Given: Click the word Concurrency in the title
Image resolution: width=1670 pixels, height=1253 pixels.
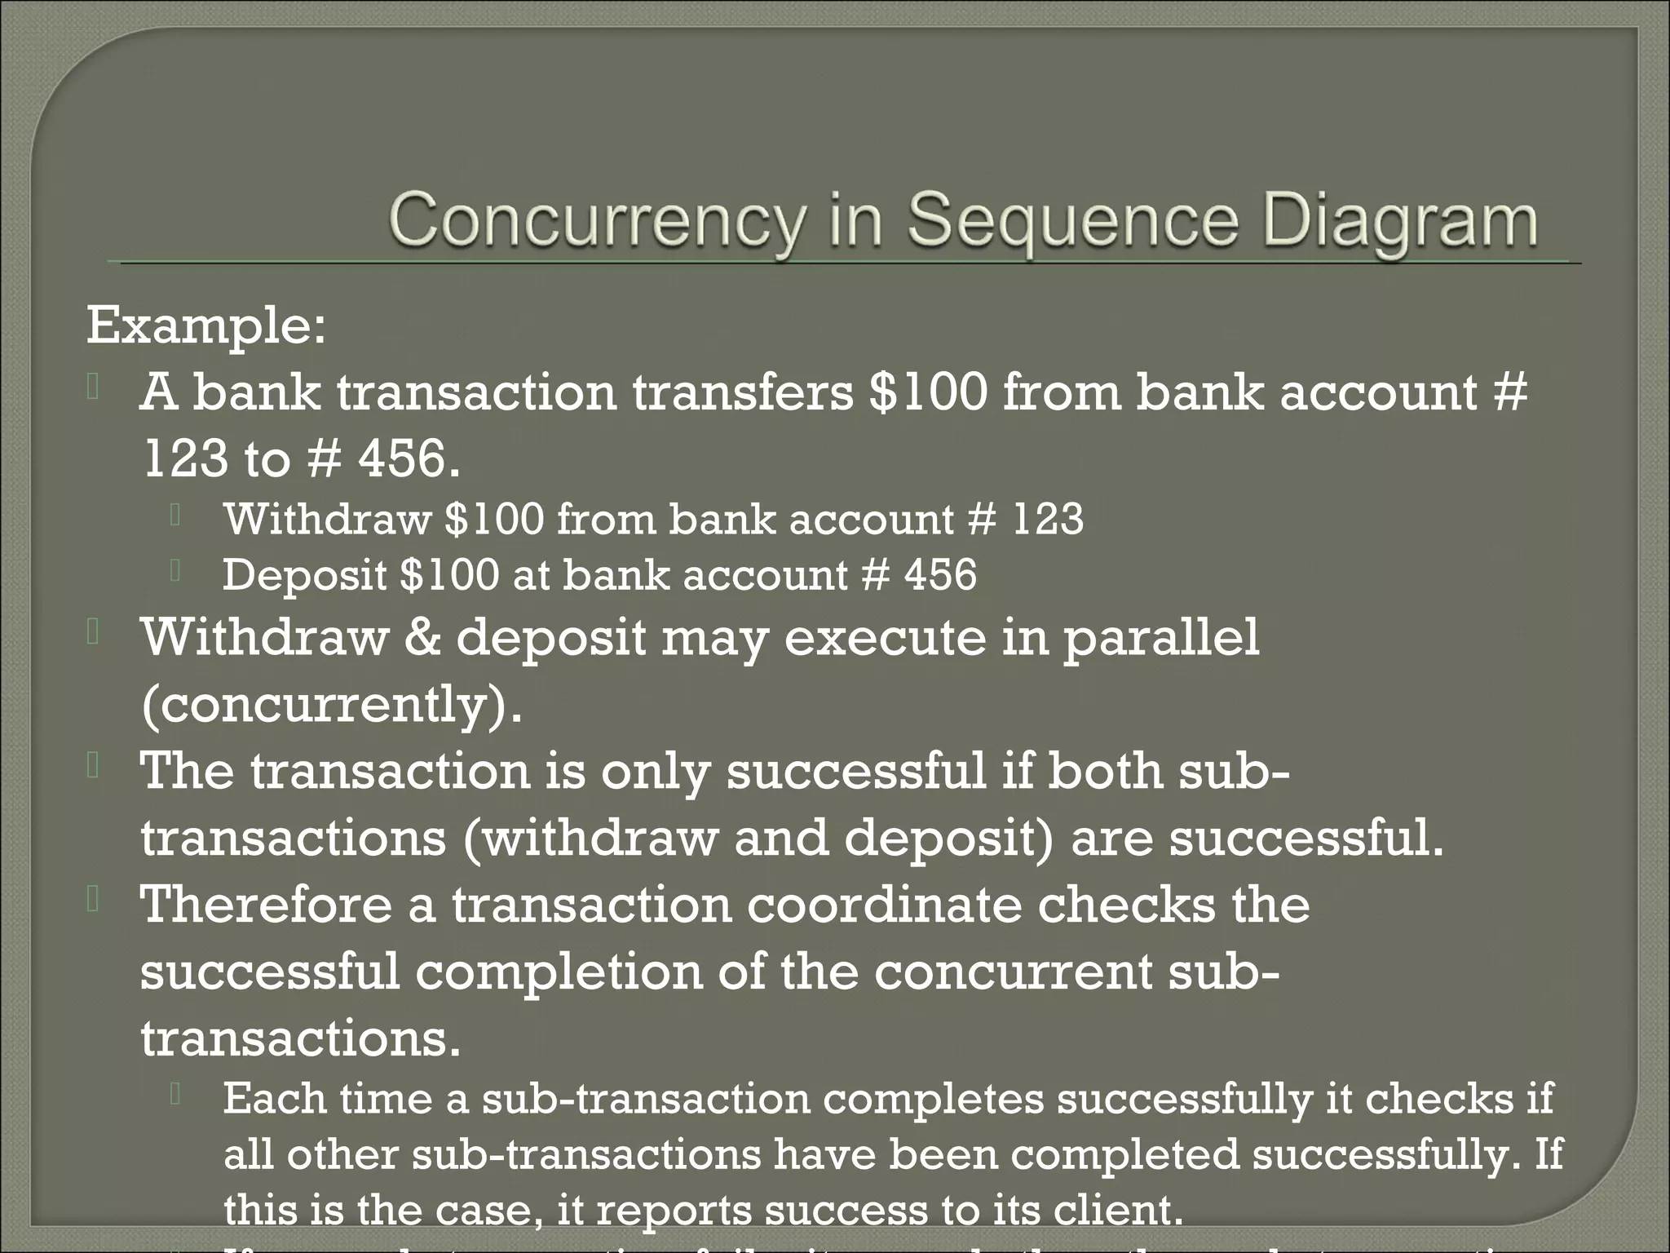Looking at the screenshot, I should (x=596, y=223).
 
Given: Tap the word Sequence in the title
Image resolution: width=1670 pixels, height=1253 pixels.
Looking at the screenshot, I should (x=1073, y=223).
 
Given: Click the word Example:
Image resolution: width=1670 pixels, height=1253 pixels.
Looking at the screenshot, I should (x=206, y=326).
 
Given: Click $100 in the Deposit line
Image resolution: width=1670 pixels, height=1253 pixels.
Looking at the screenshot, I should (x=449, y=574).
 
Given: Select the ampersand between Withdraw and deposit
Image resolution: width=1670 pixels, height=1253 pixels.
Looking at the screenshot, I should (x=422, y=637).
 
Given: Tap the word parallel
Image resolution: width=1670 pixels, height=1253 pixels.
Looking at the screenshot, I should (x=1161, y=637).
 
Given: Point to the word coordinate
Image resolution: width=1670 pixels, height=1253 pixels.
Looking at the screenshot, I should (x=884, y=905).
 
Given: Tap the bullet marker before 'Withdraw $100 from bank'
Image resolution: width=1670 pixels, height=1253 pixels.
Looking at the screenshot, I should (x=175, y=516).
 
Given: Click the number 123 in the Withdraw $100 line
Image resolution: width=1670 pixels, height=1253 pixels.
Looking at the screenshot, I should (x=1049, y=519).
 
